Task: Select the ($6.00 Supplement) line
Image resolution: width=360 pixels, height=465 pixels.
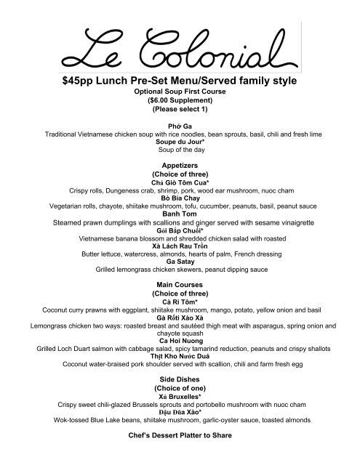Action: (180, 102)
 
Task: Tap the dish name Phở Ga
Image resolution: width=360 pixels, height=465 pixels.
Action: (180, 126)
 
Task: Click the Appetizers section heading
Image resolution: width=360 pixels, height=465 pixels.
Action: (180, 166)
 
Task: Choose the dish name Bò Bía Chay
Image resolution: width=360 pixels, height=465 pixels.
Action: (180, 197)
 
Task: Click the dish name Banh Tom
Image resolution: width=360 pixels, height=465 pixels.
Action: (180, 213)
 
